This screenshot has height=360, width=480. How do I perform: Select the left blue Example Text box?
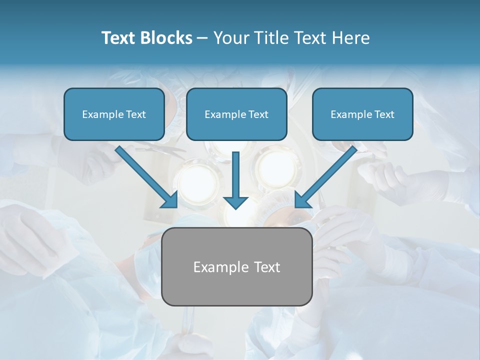click(x=114, y=114)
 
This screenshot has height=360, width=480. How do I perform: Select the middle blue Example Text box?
click(x=236, y=114)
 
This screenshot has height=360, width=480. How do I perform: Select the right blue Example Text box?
click(x=362, y=114)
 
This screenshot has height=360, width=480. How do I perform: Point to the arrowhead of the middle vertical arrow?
click(x=235, y=202)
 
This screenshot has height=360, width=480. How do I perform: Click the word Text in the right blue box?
click(x=384, y=114)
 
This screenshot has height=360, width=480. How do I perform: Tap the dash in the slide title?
click(x=202, y=38)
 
